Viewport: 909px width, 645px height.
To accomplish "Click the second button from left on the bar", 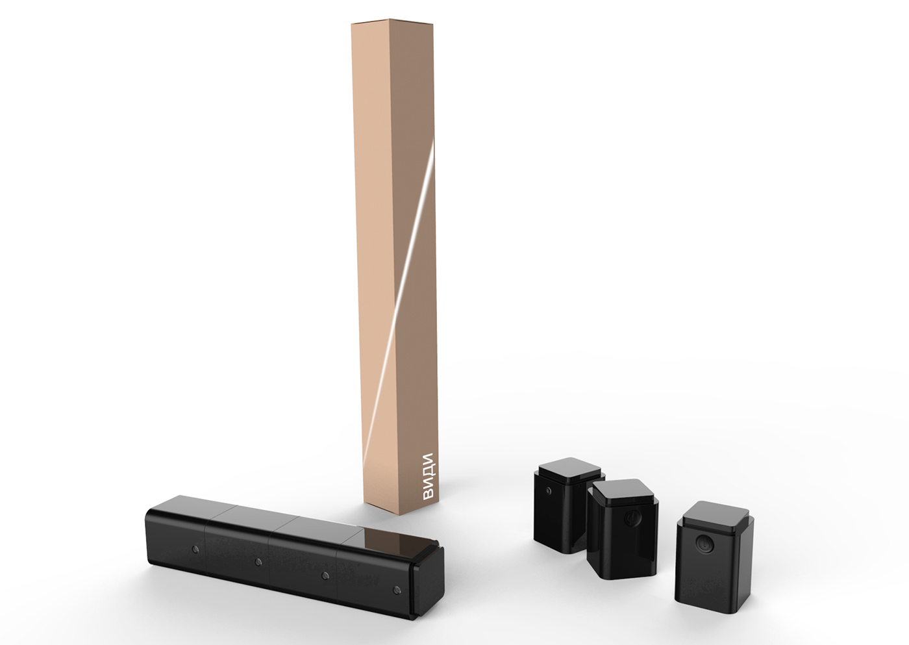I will coord(258,561).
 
